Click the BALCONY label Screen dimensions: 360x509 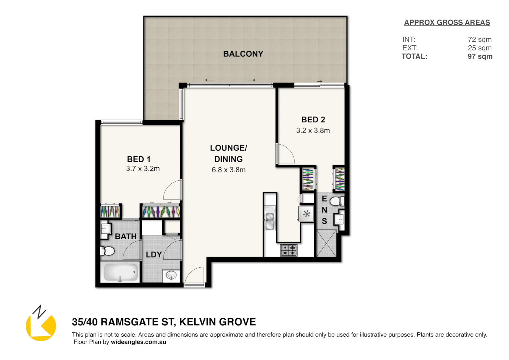[243, 54]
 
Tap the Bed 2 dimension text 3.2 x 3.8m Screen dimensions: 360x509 [313, 131]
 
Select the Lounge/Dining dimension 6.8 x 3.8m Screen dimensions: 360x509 [229, 170]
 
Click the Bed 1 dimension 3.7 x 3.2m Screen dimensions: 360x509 [143, 169]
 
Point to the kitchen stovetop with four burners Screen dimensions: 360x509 [288, 250]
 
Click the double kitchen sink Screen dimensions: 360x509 [269, 218]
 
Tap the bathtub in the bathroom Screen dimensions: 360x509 [120, 272]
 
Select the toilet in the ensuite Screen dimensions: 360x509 [336, 201]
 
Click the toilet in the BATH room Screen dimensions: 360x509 [108, 251]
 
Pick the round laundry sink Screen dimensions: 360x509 [171, 275]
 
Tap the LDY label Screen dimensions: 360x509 [154, 255]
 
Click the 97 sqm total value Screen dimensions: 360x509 [480, 56]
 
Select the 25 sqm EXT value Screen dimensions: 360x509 [479, 48]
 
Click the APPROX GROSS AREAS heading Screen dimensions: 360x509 [447, 23]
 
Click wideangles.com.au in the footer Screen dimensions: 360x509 [138, 342]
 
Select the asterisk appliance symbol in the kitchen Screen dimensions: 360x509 [306, 214]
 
